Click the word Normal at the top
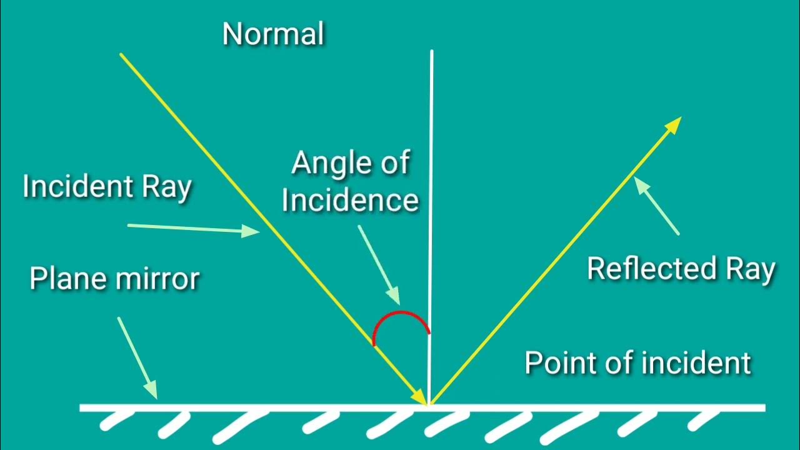273,33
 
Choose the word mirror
158,279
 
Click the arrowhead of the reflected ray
674,124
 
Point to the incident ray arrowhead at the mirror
419,397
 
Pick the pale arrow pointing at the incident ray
194,228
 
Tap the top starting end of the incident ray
121,55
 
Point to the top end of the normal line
431,52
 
